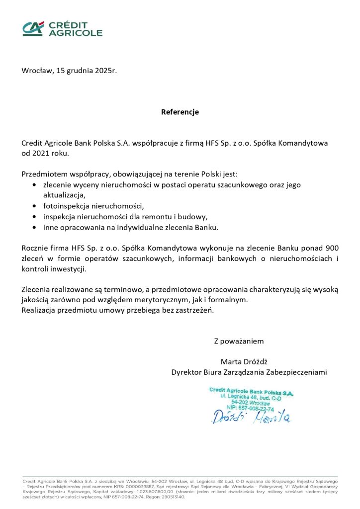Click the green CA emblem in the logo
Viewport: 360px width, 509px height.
point(33,28)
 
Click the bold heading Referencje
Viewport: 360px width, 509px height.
point(180,112)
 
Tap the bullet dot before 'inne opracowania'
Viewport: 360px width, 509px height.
point(33,227)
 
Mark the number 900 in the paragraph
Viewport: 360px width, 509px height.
point(332,248)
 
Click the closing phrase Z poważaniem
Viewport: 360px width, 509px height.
point(239,341)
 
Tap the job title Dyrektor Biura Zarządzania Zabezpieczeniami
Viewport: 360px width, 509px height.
point(249,372)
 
